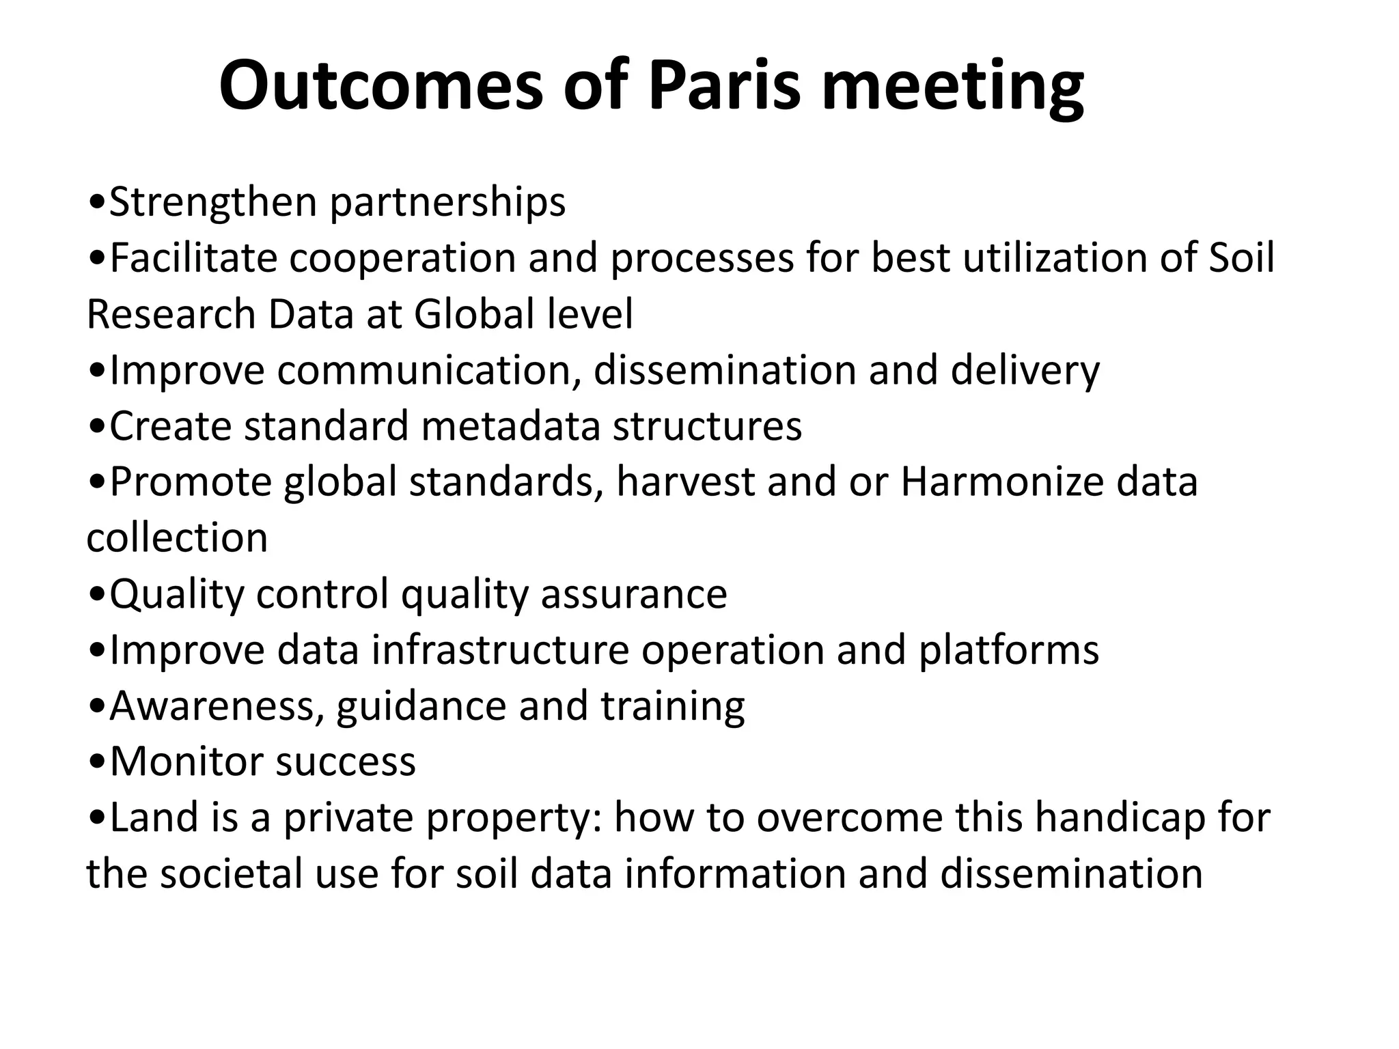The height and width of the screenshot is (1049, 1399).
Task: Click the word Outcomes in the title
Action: pyautogui.click(x=379, y=87)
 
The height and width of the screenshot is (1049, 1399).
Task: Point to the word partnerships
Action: pyautogui.click(x=447, y=203)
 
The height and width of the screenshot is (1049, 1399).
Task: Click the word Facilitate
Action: pyautogui.click(x=193, y=259)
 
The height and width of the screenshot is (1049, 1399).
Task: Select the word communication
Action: pyautogui.click(x=424, y=371)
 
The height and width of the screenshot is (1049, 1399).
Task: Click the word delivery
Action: pyautogui.click(x=1025, y=371)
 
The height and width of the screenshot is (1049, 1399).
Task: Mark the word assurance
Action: pyautogui.click(x=634, y=594)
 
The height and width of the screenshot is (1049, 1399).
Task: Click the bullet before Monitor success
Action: pyautogui.click(x=97, y=762)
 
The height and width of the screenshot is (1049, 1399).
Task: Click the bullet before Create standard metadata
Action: pyautogui.click(x=97, y=428)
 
